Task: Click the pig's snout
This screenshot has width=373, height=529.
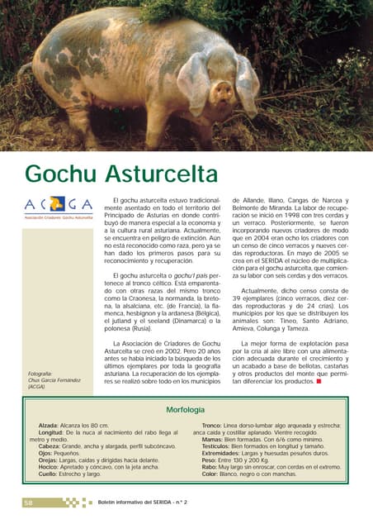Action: pyautogui.click(x=221, y=90)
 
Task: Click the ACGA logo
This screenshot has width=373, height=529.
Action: pyautogui.click(x=58, y=205)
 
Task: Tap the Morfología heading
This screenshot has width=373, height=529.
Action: pyautogui.click(x=186, y=409)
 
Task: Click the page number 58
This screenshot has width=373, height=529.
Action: pyautogui.click(x=28, y=502)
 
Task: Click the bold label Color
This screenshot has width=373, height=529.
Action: pyautogui.click(x=211, y=474)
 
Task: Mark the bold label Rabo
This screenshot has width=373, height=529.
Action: pyautogui.click(x=210, y=467)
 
